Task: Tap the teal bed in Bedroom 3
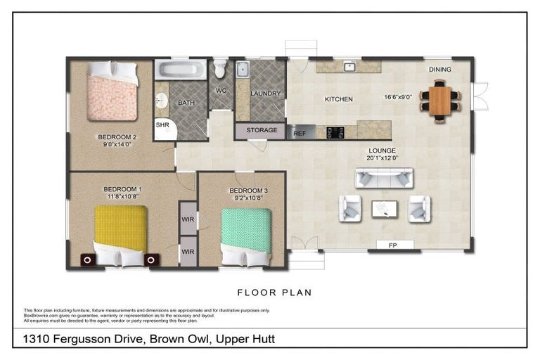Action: [245, 235]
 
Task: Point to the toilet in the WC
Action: [220, 69]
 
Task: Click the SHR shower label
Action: [162, 124]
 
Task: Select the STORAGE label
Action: [261, 130]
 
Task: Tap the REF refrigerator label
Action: [300, 132]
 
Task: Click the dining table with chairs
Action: [439, 101]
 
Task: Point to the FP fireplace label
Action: [390, 245]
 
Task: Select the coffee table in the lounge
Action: [384, 208]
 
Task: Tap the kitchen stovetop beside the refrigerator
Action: [335, 131]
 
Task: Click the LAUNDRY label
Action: [265, 94]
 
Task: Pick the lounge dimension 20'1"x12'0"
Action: [382, 158]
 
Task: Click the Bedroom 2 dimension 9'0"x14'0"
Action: [115, 145]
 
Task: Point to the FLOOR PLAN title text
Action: [274, 292]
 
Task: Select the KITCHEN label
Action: [338, 99]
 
